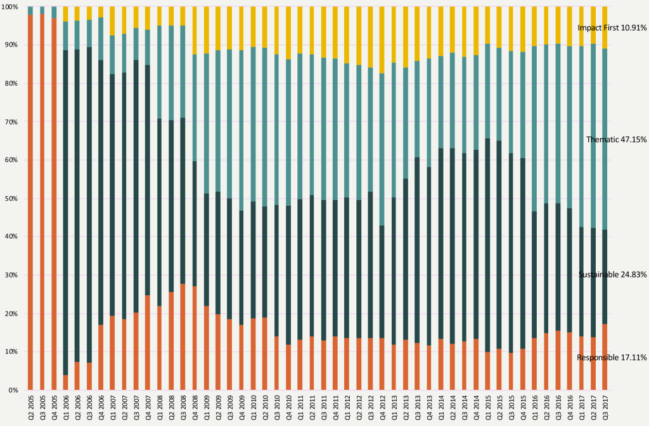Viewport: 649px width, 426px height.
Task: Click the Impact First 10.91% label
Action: (x=612, y=28)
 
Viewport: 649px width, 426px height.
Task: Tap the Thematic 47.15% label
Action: (x=616, y=140)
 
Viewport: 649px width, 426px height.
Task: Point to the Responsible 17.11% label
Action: (x=612, y=357)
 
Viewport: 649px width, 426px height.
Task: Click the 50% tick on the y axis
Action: (x=11, y=199)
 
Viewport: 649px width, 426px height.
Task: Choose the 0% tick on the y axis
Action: (x=12, y=390)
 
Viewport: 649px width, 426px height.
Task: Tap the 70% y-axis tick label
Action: (x=11, y=122)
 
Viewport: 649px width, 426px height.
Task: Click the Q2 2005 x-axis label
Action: (x=30, y=407)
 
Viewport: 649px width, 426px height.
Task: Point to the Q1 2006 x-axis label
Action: (x=65, y=407)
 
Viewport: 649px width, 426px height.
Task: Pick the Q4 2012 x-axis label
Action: (x=382, y=407)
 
